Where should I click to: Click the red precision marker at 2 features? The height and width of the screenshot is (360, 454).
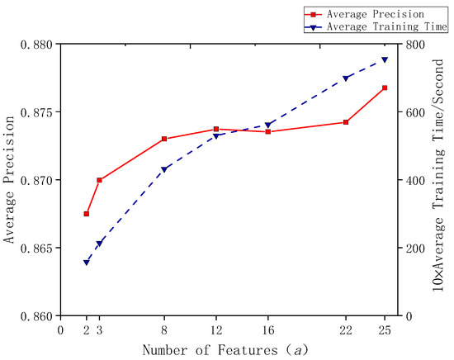86,214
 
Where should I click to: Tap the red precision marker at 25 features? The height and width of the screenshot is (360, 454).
385,88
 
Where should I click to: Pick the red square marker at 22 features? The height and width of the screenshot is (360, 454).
345,122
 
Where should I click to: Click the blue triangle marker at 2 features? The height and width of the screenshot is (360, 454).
86,263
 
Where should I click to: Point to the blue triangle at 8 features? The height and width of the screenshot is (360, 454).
164,169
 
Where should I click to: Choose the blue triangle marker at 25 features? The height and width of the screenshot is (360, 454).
385,59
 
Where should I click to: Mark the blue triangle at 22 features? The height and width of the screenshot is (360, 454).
345,78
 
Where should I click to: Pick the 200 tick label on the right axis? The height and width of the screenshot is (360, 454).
414,248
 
